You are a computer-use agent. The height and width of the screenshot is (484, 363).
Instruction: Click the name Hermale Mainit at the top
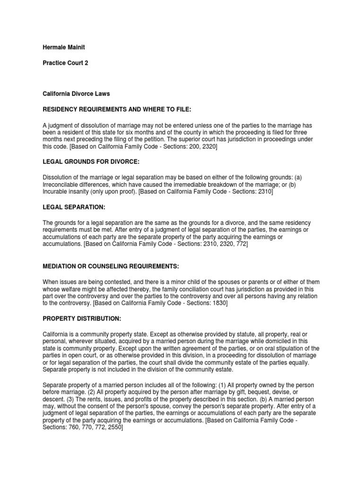click(x=64, y=47)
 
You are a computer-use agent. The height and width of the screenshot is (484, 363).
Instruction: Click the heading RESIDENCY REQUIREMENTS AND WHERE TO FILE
click(x=117, y=109)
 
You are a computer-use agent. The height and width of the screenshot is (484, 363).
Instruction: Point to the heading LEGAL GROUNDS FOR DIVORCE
click(x=91, y=162)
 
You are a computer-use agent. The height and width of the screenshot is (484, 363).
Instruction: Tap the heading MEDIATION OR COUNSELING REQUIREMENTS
click(x=111, y=267)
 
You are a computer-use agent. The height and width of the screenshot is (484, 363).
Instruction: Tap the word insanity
click(x=80, y=192)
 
